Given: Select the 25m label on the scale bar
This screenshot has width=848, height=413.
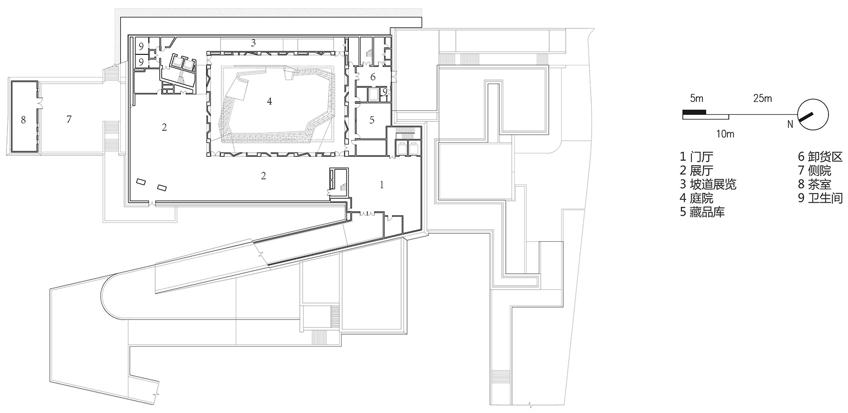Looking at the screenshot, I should click(x=762, y=99).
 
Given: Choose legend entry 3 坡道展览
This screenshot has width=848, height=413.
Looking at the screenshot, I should click(x=708, y=185).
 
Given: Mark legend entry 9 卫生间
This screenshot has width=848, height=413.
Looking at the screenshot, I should click(x=820, y=198).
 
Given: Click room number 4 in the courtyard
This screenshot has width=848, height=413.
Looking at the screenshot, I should click(x=269, y=101).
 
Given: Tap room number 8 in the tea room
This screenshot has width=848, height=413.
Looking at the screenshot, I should click(x=23, y=119).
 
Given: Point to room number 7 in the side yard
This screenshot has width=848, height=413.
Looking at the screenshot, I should click(x=69, y=119).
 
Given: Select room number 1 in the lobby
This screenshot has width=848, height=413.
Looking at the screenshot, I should click(x=382, y=185).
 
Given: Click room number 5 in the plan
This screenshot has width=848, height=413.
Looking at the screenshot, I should click(x=372, y=120).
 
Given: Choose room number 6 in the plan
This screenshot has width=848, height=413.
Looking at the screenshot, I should click(x=373, y=77).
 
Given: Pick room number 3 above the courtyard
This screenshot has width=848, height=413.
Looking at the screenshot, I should click(x=253, y=43).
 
